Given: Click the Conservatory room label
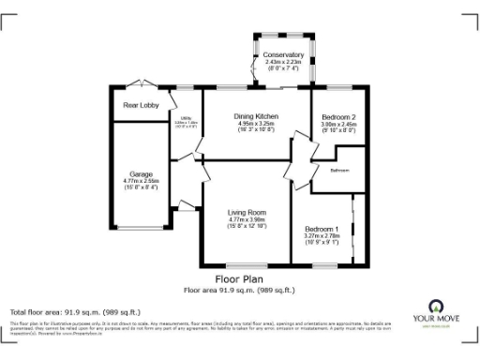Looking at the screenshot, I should coord(283,54).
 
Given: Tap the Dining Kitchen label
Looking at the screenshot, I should coord(256,115).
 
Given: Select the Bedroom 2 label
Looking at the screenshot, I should coord(335,115).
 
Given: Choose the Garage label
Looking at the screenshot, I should coord(141,173).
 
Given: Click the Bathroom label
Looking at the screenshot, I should coord(339,172).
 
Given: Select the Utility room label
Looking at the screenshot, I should coord(186,118).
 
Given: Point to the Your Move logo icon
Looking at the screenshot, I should coord(435,306).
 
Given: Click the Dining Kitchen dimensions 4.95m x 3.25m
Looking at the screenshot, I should coord(256,123).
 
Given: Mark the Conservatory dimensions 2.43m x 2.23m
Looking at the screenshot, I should coord(283,62).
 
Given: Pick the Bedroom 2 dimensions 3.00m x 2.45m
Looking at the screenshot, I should coord(335,123).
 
